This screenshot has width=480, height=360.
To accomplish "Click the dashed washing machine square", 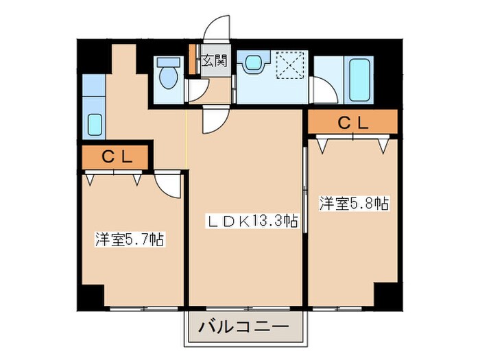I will pyautogui.click(x=289, y=67).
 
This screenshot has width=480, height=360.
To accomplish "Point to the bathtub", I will pyautogui.click(x=361, y=81).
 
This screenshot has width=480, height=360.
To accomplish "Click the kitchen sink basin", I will pyautogui.click(x=94, y=125).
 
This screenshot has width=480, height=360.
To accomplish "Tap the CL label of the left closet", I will pyautogui.click(x=115, y=157).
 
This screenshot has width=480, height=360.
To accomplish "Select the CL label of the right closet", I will pyautogui.click(x=352, y=123).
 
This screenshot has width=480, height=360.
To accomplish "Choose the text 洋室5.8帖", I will pyautogui.click(x=354, y=203).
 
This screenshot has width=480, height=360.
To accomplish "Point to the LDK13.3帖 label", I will pyautogui.click(x=253, y=221).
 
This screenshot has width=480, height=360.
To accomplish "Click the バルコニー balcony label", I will pyautogui.click(x=243, y=328).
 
